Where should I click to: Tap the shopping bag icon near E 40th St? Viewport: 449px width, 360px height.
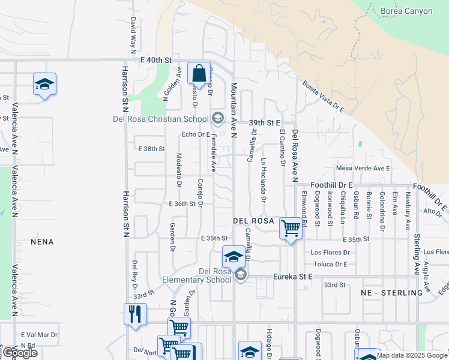[199, 73]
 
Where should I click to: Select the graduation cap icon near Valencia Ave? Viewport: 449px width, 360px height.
[44, 84]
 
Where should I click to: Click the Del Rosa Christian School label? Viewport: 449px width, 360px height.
[160, 118]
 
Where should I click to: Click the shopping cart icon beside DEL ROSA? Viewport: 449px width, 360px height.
[291, 228]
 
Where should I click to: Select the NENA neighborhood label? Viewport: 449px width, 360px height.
[42, 242]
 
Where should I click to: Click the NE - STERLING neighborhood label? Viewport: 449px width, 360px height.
[392, 293]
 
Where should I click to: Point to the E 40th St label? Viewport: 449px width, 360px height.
[156, 60]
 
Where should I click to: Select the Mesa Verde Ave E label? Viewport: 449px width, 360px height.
[364, 168]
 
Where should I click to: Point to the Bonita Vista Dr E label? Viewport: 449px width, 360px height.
[323, 97]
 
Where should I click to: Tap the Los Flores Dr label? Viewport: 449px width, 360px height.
[330, 253]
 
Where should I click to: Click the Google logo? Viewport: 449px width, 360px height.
[19, 353]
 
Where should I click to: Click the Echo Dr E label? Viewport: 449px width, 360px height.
[195, 134]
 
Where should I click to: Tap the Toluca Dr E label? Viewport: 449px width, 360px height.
[330, 264]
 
